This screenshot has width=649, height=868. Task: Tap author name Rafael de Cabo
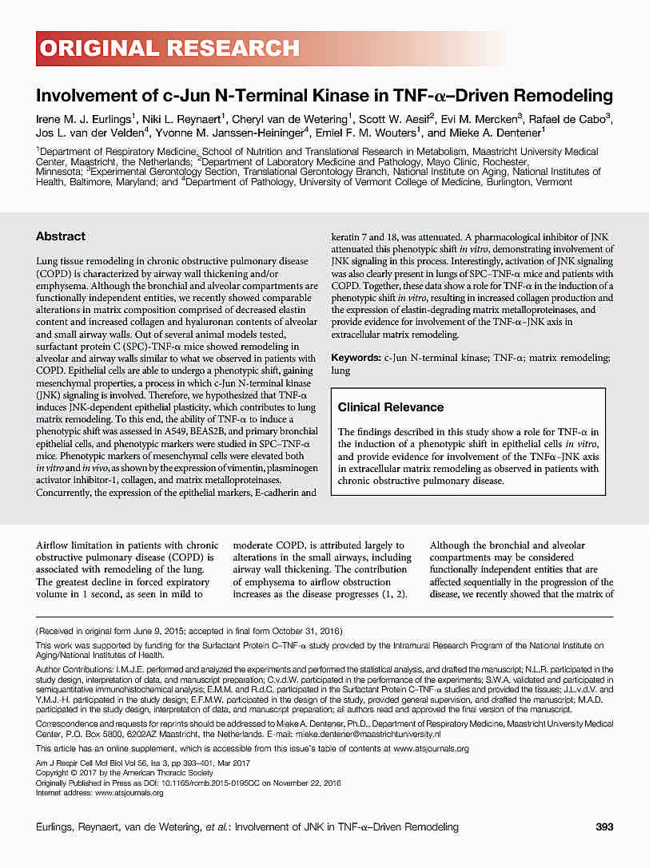(575, 119)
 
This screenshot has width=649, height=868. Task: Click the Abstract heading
(61, 236)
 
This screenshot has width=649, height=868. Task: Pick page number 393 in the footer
(604, 826)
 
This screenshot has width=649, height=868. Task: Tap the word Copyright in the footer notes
(56, 774)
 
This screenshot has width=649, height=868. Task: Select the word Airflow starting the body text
(53, 545)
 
